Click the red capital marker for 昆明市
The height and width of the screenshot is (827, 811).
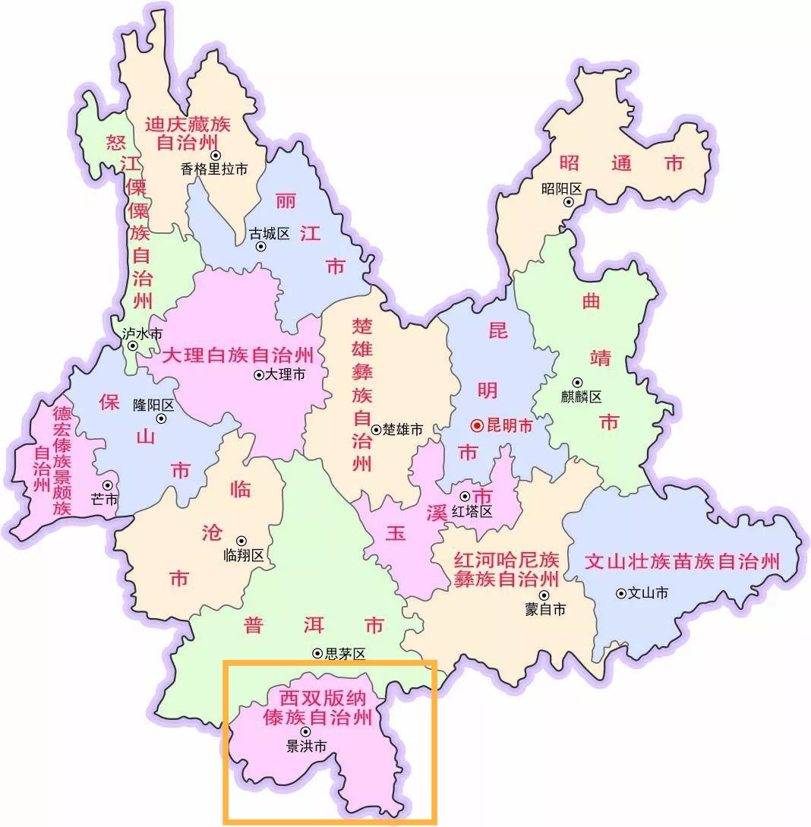[477, 426]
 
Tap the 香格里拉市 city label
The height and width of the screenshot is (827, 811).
[214, 169]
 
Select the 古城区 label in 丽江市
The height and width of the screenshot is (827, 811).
[270, 233]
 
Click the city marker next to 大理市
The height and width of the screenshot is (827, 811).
[259, 374]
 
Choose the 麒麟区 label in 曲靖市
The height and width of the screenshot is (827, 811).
[581, 396]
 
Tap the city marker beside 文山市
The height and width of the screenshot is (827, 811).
[621, 593]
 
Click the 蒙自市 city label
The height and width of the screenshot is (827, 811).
[545, 609]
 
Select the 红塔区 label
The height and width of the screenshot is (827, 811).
[472, 512]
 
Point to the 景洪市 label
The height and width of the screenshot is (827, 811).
[306, 747]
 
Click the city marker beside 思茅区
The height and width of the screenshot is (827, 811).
[317, 653]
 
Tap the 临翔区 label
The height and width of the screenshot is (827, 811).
[244, 555]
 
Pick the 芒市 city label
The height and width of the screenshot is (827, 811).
[104, 499]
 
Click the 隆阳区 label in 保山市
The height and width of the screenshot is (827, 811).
[153, 405]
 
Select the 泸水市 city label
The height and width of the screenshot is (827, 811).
[142, 333]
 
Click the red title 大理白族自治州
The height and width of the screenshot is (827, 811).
[237, 355]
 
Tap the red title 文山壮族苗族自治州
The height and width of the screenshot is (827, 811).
[682, 562]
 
